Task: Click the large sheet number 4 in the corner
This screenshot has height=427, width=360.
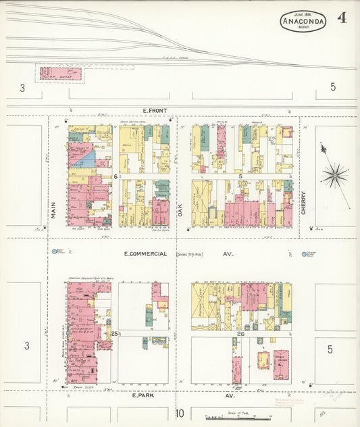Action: pos(342,18)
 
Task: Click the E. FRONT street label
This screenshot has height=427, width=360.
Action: pos(155,110)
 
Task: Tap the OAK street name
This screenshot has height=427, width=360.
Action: pos(180,211)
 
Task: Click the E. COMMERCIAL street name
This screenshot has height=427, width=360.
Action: pos(145,254)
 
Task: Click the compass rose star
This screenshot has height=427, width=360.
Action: pos(334,176)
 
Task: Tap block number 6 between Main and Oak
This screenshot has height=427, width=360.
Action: pos(116,176)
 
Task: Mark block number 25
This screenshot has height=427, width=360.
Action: pos(115,333)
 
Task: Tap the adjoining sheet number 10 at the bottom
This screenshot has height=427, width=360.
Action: pos(179,413)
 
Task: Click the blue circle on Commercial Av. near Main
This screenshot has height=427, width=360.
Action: pos(55,252)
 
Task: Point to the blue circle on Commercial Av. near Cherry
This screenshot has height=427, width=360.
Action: pos(303,255)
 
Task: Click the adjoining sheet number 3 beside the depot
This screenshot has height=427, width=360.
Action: pos(22,87)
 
